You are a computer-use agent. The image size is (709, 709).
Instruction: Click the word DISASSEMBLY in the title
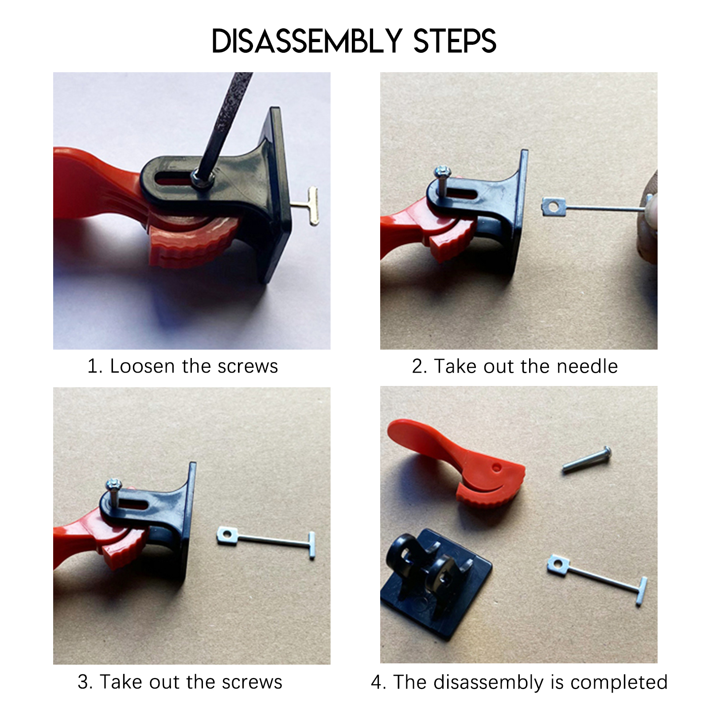click(x=307, y=41)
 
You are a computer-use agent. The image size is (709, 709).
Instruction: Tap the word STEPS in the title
click(x=455, y=41)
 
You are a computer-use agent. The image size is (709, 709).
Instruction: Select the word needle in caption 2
click(x=587, y=366)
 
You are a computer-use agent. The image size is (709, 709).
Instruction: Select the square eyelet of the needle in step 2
click(x=553, y=206)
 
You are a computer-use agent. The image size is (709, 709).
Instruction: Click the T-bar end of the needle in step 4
click(x=642, y=591)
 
